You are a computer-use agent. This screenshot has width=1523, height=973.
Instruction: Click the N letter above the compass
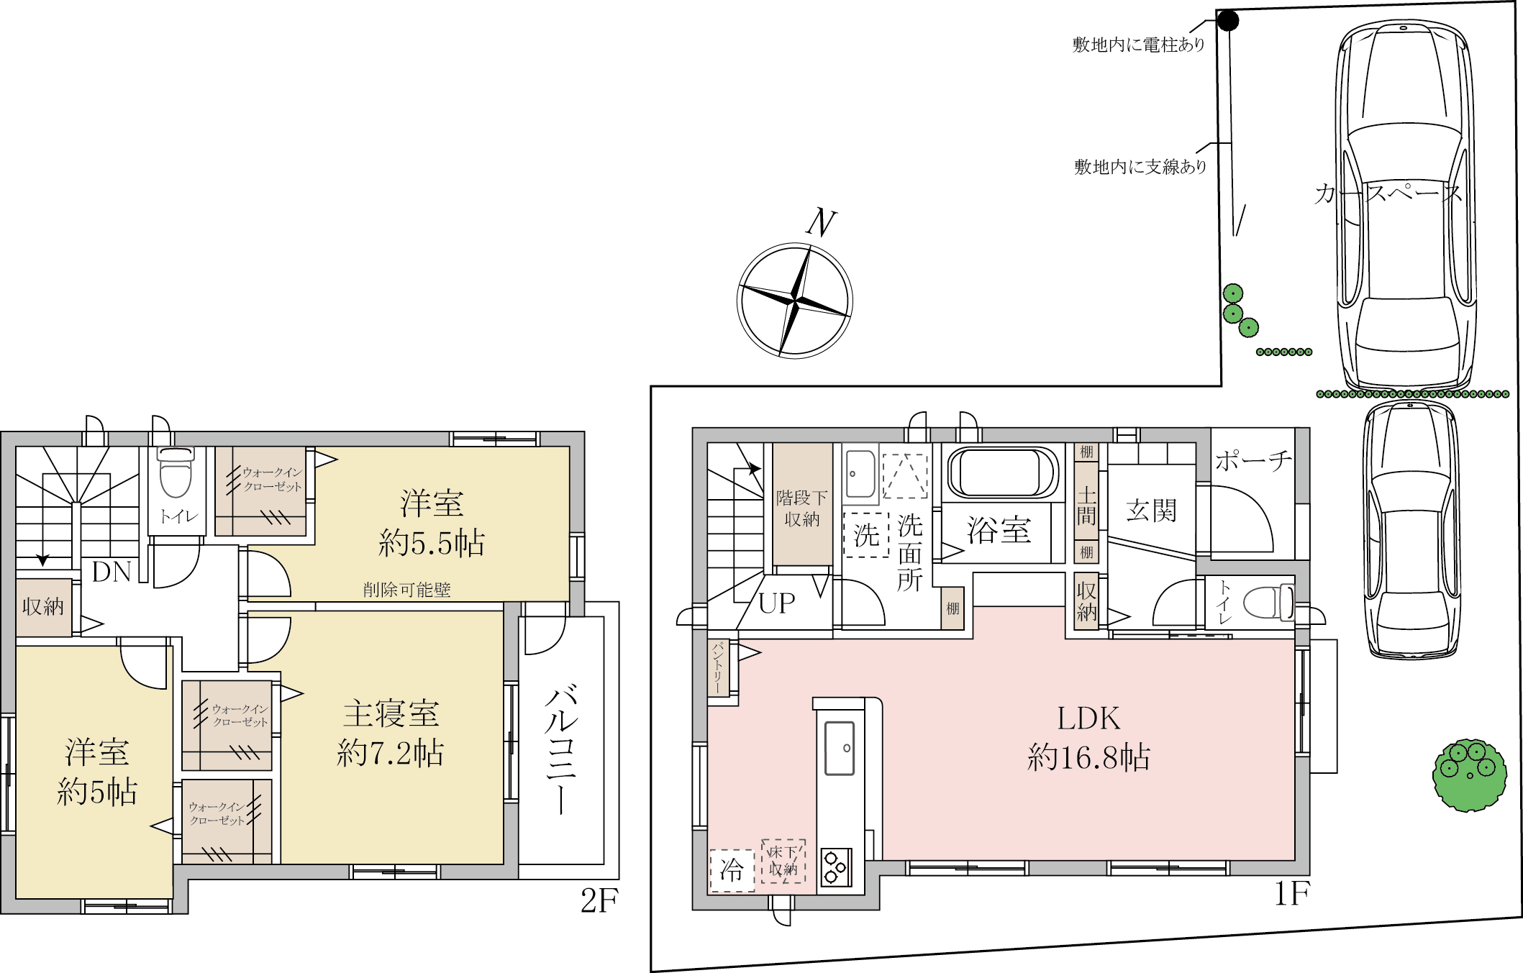coord(821,223)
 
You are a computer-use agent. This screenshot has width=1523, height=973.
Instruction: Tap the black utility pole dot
coord(1228,21)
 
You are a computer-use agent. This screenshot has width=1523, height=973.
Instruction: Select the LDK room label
coord(1088,718)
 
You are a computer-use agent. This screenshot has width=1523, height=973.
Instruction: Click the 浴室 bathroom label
coord(999,530)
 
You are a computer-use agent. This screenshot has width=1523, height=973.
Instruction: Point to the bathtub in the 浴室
coord(1001,473)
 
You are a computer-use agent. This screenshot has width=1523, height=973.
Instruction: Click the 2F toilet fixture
coord(176,472)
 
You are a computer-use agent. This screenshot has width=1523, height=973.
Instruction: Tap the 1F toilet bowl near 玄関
coord(1268,603)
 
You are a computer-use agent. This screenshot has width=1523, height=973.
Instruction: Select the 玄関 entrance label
coord(1151,511)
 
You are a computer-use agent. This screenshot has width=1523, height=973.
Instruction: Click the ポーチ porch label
coord(1253,461)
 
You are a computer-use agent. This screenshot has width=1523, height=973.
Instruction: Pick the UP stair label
coord(777,603)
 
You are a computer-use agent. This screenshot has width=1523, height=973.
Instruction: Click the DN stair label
coord(112,572)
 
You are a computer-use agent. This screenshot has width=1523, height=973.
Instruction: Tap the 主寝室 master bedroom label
coord(391,714)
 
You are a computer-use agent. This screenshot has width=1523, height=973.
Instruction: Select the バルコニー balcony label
coord(561,751)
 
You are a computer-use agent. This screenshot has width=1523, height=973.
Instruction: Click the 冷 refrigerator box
coord(732,870)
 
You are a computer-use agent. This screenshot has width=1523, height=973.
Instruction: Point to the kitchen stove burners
coord(836,868)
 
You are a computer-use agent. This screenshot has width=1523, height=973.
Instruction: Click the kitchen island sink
coord(839,748)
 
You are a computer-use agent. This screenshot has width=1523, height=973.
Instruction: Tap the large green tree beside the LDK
coord(1469,775)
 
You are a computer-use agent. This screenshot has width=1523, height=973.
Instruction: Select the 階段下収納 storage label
coord(801,508)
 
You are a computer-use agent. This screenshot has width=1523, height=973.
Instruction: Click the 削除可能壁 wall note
coord(406,590)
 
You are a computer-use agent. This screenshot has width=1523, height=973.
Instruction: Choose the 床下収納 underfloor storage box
coord(783,861)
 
